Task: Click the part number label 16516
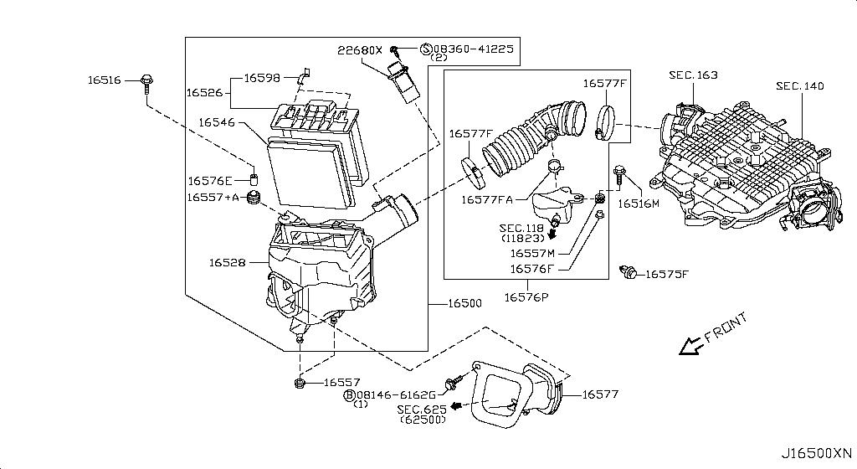(x=104, y=80)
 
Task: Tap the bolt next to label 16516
(x=147, y=82)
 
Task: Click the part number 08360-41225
(x=474, y=49)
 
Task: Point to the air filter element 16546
(x=310, y=172)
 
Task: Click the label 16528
(x=227, y=262)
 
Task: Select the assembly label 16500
(x=464, y=303)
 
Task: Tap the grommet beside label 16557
(x=299, y=384)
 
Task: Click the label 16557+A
(x=213, y=197)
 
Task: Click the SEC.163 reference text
(x=693, y=75)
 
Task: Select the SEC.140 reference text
(x=799, y=85)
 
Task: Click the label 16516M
(x=639, y=204)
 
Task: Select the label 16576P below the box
(x=526, y=296)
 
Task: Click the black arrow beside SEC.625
(x=456, y=406)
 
